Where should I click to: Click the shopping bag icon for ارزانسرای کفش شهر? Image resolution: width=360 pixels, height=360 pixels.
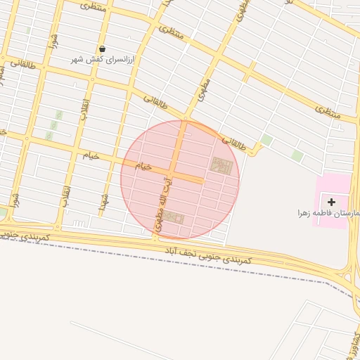click(x=103, y=49)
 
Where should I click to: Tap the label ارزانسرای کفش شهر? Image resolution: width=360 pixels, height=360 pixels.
click(x=103, y=59)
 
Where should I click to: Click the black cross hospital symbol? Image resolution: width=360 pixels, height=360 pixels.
click(x=331, y=202)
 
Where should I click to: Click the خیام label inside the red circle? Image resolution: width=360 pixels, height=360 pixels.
click(x=143, y=167)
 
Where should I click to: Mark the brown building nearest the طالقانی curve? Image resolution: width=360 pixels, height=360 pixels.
click(x=221, y=167)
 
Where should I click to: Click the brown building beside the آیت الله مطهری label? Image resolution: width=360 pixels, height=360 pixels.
click(x=174, y=219)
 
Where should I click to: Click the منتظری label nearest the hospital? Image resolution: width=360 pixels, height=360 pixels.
click(x=327, y=110)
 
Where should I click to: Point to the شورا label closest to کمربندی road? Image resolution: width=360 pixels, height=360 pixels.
click(x=15, y=198)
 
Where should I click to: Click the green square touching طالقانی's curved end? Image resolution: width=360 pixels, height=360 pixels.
click(x=266, y=139)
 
